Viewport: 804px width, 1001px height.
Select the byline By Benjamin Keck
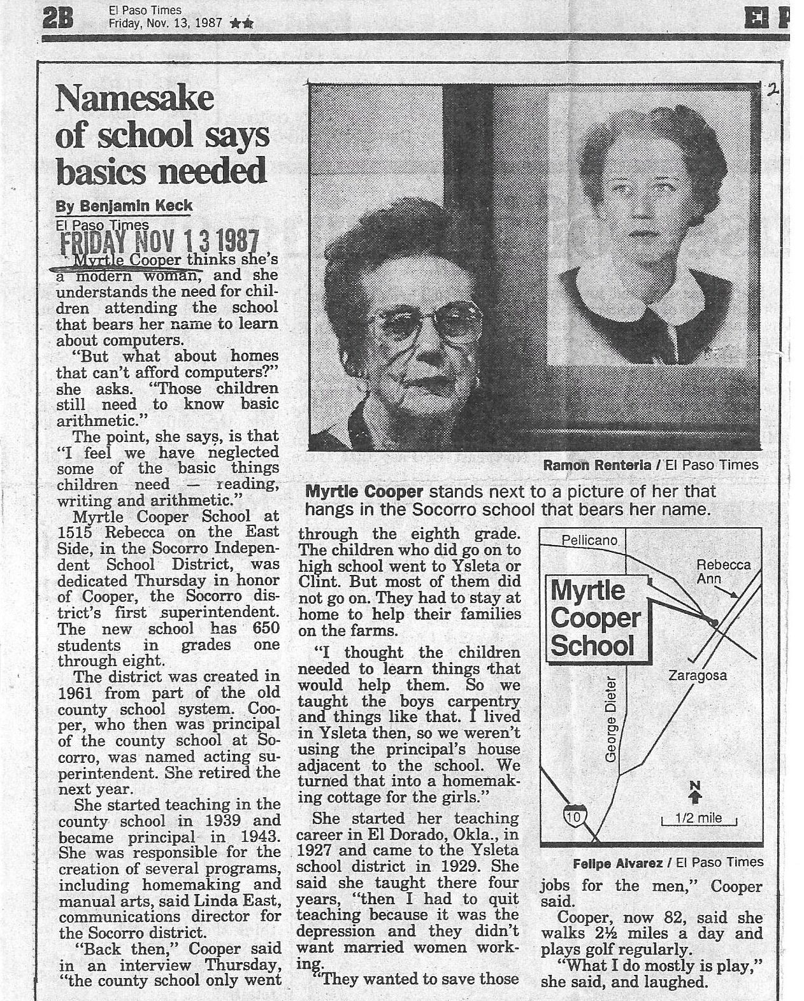(124, 206)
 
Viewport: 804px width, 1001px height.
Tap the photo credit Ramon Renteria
(596, 465)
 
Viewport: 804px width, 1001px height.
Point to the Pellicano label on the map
(589, 540)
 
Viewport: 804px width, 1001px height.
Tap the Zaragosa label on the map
(697, 676)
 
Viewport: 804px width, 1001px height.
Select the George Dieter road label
(611, 718)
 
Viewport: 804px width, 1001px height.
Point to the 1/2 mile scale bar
(698, 820)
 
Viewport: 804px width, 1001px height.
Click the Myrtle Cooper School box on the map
(595, 618)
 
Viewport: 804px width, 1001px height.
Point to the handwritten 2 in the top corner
(773, 90)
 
